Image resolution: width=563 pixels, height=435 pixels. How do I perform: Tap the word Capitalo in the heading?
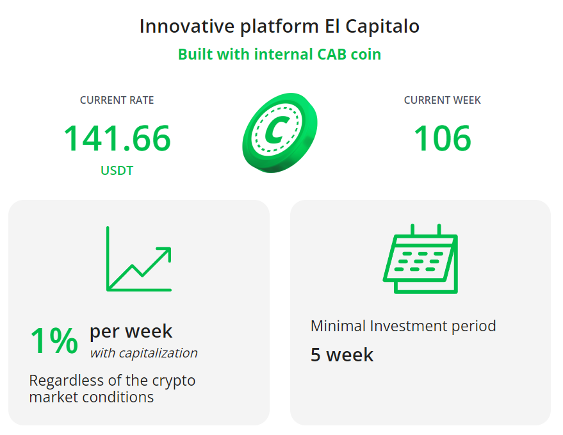click(x=382, y=27)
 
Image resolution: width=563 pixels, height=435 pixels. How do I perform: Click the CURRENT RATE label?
click(x=117, y=100)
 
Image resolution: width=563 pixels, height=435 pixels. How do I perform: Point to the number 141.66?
click(x=117, y=138)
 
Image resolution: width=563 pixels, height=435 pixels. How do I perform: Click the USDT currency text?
click(x=117, y=171)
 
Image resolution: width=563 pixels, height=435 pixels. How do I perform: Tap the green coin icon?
click(x=279, y=131)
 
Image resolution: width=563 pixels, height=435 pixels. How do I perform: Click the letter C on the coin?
click(x=276, y=131)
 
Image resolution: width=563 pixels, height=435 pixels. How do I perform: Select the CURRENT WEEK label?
click(x=442, y=100)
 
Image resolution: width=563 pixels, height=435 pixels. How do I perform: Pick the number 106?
click(x=442, y=138)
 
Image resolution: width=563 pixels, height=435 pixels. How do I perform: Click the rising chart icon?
click(x=139, y=259)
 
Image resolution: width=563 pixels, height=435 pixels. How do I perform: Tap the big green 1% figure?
click(x=54, y=341)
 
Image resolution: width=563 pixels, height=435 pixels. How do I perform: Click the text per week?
click(x=131, y=331)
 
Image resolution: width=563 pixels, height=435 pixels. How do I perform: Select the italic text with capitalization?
click(x=143, y=353)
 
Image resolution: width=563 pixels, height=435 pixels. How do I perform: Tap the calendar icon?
click(x=420, y=259)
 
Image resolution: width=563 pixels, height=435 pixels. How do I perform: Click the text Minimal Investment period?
click(x=403, y=325)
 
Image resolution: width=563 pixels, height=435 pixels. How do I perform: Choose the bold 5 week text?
click(x=341, y=354)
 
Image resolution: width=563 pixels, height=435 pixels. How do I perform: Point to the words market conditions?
click(x=91, y=397)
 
